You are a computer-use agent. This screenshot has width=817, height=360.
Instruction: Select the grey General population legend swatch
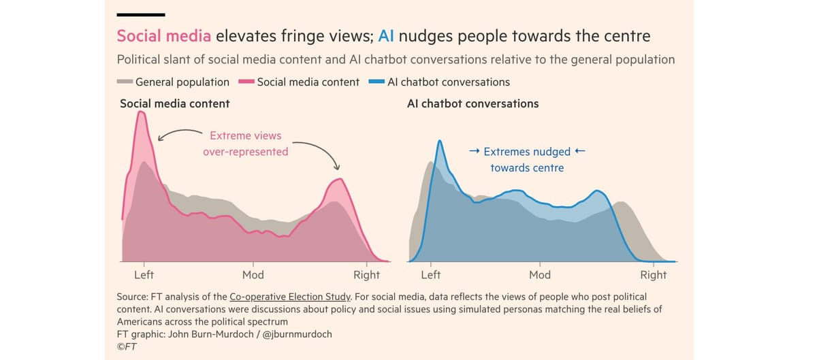pyautogui.click(x=125, y=82)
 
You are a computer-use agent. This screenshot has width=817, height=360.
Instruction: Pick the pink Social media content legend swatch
pyautogui.click(x=246, y=82)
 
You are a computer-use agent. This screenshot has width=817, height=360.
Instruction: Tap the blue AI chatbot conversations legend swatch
pyautogui.click(x=377, y=82)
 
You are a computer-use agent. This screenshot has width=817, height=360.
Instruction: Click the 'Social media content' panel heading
pyautogui.click(x=174, y=103)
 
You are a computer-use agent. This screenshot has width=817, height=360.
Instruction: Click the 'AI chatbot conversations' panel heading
pyautogui.click(x=472, y=103)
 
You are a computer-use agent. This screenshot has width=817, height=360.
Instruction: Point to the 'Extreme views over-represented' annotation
pyautogui.click(x=246, y=144)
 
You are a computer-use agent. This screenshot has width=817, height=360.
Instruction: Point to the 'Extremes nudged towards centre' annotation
pyautogui.click(x=527, y=159)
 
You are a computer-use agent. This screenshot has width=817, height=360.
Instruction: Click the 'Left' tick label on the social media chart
pyautogui.click(x=144, y=275)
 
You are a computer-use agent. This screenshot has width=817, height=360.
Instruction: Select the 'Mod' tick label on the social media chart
pyautogui.click(x=253, y=275)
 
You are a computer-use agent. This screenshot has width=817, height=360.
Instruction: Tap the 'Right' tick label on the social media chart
pyautogui.click(x=366, y=275)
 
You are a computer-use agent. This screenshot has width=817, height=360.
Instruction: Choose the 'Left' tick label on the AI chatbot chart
pyautogui.click(x=430, y=275)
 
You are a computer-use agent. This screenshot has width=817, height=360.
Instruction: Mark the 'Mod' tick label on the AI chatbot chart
pyautogui.click(x=540, y=275)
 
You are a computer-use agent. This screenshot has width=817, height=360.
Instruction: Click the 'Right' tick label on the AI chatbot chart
pyautogui.click(x=653, y=275)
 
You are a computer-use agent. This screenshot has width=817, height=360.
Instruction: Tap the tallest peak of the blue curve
pyautogui.click(x=439, y=141)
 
